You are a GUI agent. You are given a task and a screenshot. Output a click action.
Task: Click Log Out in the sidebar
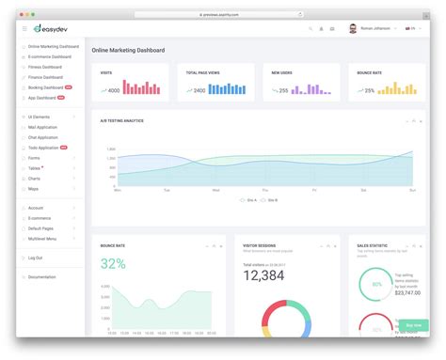(x=36, y=257)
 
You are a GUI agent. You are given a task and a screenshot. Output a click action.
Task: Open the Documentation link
(x=42, y=276)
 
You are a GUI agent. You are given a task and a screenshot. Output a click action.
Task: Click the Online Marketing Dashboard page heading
(x=129, y=50)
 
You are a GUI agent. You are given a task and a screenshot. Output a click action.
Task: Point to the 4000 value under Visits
(x=113, y=91)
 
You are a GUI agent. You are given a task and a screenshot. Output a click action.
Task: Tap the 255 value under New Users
(x=283, y=91)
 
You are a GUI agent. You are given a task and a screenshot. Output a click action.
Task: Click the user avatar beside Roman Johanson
(x=353, y=29)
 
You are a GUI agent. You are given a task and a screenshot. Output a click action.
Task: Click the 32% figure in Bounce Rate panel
(x=113, y=264)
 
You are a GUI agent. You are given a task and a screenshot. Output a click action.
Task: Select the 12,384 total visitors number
(x=263, y=274)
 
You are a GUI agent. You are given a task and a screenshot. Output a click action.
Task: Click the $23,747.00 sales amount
(x=407, y=292)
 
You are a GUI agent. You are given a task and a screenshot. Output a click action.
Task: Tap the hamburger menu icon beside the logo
(x=24, y=29)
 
